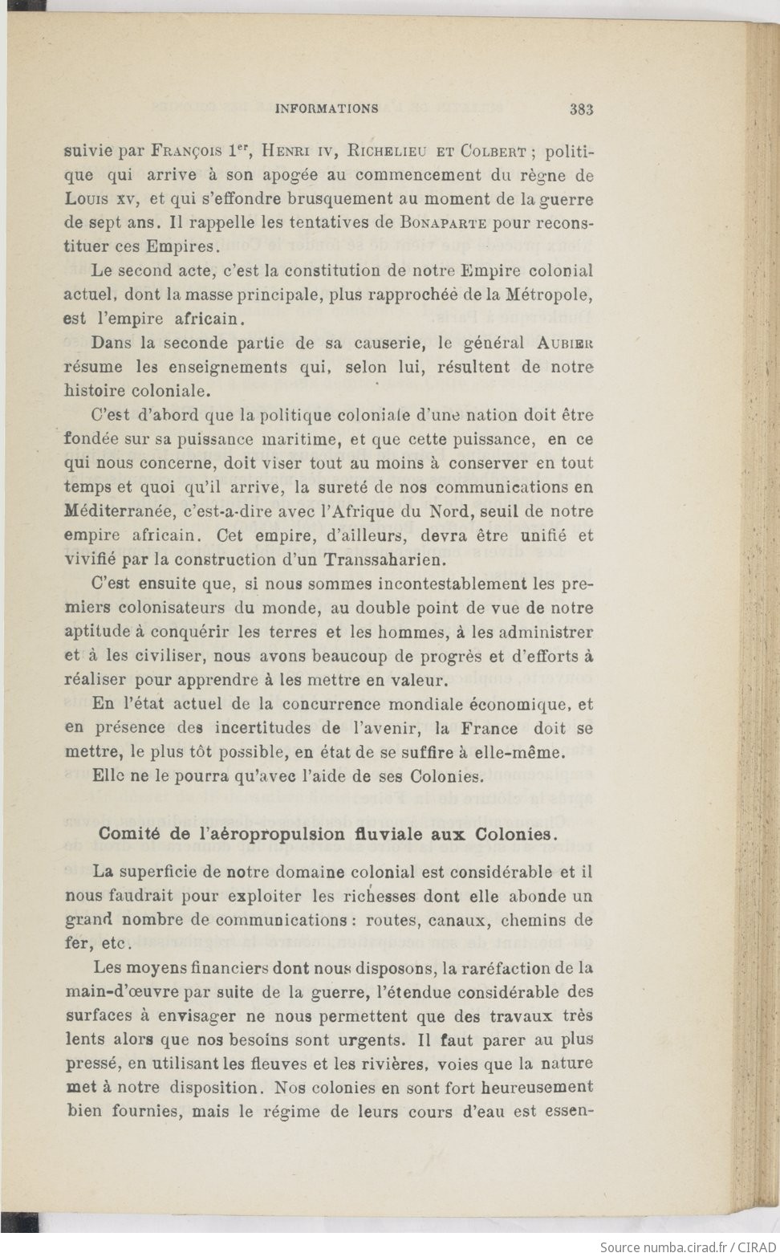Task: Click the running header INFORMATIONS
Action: pos(327,108)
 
